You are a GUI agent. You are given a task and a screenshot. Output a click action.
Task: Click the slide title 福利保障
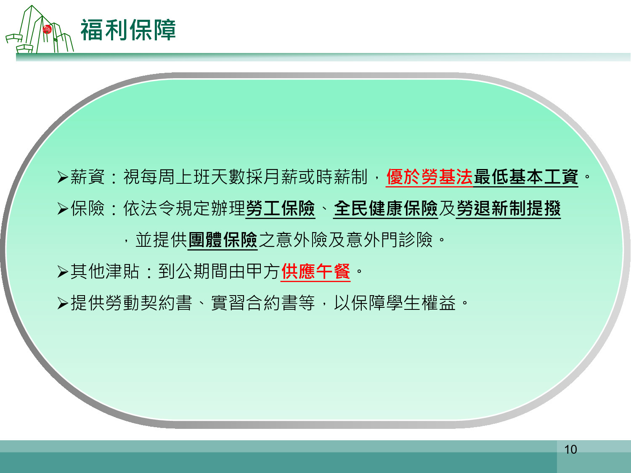tap(128, 30)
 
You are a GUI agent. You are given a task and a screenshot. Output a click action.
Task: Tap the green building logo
tap(40, 29)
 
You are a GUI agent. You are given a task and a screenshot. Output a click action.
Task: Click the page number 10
tap(570, 449)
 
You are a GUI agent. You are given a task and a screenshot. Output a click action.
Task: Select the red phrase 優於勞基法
tap(430, 177)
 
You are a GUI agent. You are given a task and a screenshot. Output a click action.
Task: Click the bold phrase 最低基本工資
tap(526, 177)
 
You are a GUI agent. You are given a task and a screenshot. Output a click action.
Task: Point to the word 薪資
tap(87, 177)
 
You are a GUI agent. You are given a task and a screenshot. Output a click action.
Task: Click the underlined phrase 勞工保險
tap(280, 208)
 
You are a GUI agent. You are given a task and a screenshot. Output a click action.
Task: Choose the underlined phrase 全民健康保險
tap(385, 208)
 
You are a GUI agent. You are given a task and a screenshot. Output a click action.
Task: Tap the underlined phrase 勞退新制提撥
tap(508, 208)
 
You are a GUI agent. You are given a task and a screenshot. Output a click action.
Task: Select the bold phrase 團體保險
tap(223, 240)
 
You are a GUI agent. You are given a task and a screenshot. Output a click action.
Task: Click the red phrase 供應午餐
tap(315, 271)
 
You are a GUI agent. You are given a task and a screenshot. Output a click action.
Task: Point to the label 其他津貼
tap(105, 271)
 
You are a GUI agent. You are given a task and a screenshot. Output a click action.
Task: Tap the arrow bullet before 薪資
tap(63, 177)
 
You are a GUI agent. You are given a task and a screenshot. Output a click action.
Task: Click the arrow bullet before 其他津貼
tap(63, 272)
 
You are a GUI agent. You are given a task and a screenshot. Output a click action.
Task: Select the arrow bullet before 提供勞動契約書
tap(63, 303)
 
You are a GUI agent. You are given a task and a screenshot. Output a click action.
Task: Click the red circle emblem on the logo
tap(47, 29)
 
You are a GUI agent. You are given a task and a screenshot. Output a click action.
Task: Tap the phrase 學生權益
tap(421, 303)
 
